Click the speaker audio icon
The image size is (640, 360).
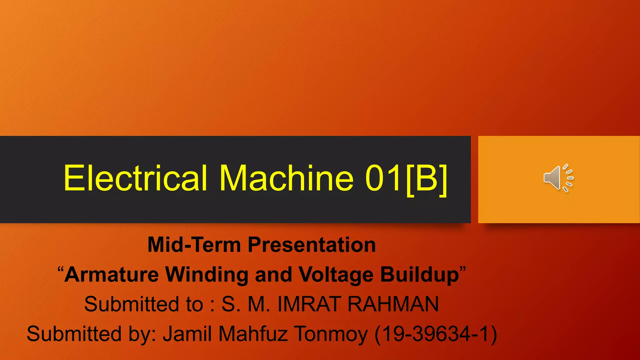(558, 178)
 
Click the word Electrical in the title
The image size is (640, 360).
(135, 178)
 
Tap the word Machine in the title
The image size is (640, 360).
(286, 178)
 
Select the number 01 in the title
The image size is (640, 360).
(383, 178)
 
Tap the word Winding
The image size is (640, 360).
(206, 274)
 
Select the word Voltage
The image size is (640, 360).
(336, 274)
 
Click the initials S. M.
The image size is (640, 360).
(246, 304)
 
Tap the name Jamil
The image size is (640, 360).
(187, 334)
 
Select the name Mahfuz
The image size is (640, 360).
(253, 334)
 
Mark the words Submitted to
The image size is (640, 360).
(144, 304)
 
